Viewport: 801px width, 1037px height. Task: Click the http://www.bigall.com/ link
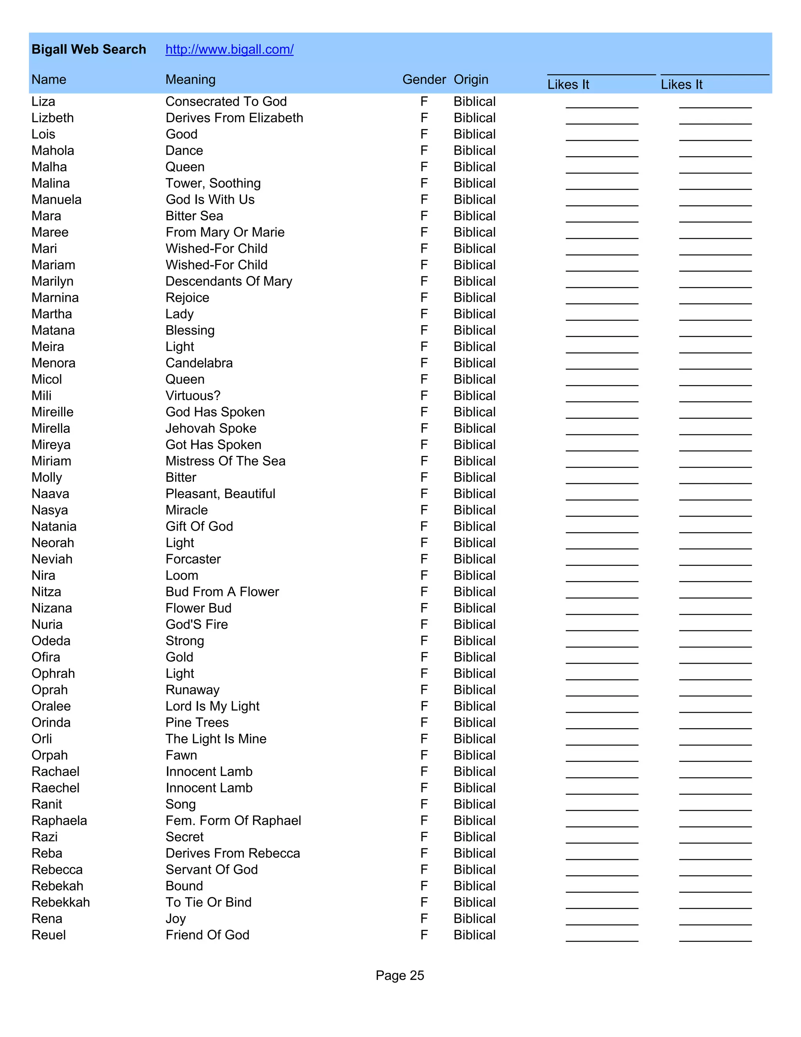[229, 49]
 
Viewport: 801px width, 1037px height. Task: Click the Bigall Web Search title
[89, 49]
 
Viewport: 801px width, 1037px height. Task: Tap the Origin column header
[471, 79]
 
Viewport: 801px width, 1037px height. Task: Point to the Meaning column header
[190, 79]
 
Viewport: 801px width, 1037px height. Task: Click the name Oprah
[49, 690]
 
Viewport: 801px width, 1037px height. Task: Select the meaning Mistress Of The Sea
[225, 461]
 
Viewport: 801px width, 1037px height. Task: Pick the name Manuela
[56, 200]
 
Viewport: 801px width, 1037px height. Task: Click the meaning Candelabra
[199, 363]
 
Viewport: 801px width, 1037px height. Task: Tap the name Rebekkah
[61, 902]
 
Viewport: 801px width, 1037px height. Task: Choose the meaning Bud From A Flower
[222, 592]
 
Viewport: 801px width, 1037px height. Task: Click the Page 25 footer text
[400, 975]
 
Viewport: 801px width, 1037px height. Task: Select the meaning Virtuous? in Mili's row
[193, 396]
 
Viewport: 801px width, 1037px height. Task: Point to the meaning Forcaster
[193, 559]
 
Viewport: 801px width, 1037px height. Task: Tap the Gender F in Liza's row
[424, 102]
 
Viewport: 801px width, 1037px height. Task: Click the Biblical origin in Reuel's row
[474, 934]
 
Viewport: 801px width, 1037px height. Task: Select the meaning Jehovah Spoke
[211, 428]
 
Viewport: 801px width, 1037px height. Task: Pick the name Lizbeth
[53, 118]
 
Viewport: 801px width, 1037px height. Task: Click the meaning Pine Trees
[197, 722]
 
